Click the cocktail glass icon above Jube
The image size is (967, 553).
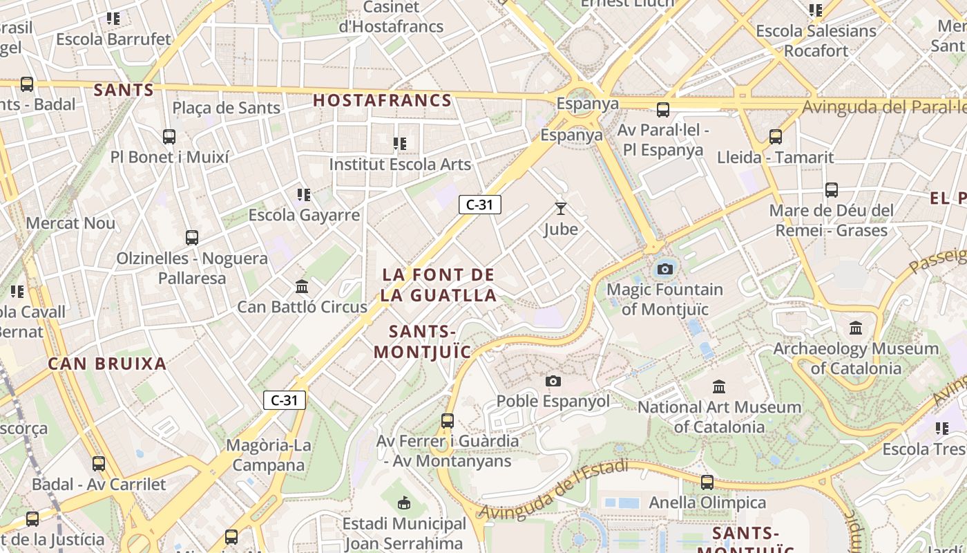tap(560, 208)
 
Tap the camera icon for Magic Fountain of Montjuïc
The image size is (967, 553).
tap(665, 269)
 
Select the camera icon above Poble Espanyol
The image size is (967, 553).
tap(553, 381)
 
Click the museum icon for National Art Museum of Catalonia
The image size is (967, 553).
tap(719, 386)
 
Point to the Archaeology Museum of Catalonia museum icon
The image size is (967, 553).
tap(856, 328)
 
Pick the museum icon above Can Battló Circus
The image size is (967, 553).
tap(302, 286)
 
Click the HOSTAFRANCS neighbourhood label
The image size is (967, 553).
tap(382, 100)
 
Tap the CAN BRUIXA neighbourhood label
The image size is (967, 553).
tap(107, 364)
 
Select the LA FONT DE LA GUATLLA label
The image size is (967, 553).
tap(439, 285)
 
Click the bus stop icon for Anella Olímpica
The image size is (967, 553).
tap(707, 482)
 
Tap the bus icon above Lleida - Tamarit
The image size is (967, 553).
tap(776, 137)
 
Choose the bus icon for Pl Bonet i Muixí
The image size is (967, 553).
tap(169, 137)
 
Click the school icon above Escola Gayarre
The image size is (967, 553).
tap(304, 195)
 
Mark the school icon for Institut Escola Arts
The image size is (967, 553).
tap(400, 144)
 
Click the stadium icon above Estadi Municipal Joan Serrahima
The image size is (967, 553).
tap(405, 503)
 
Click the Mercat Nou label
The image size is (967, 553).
tap(70, 223)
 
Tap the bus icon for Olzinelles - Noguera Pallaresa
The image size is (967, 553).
tap(192, 238)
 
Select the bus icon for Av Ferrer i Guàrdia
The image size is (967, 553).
tap(448, 420)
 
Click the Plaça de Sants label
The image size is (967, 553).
tap(226, 108)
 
